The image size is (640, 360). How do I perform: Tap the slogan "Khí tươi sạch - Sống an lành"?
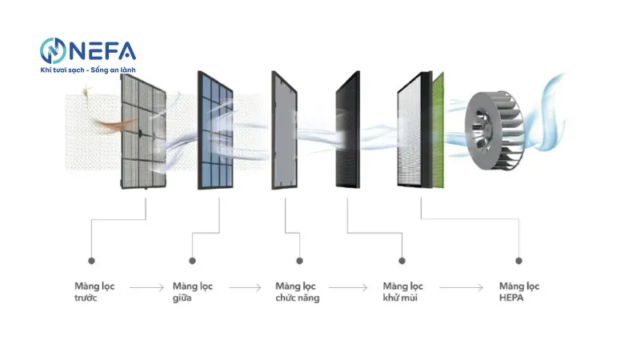click(x=88, y=70)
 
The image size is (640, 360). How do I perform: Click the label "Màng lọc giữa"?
click(x=192, y=292)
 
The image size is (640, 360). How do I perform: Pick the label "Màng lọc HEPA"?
click(x=518, y=292)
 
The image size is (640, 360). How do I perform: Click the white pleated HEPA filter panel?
click(x=413, y=131)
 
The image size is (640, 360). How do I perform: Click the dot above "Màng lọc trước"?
click(x=91, y=261)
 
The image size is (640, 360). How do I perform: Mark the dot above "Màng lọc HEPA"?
click(x=518, y=261)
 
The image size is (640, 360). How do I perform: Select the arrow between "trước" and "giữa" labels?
click(x=146, y=286)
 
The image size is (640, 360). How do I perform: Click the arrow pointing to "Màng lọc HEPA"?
click(x=463, y=286)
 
